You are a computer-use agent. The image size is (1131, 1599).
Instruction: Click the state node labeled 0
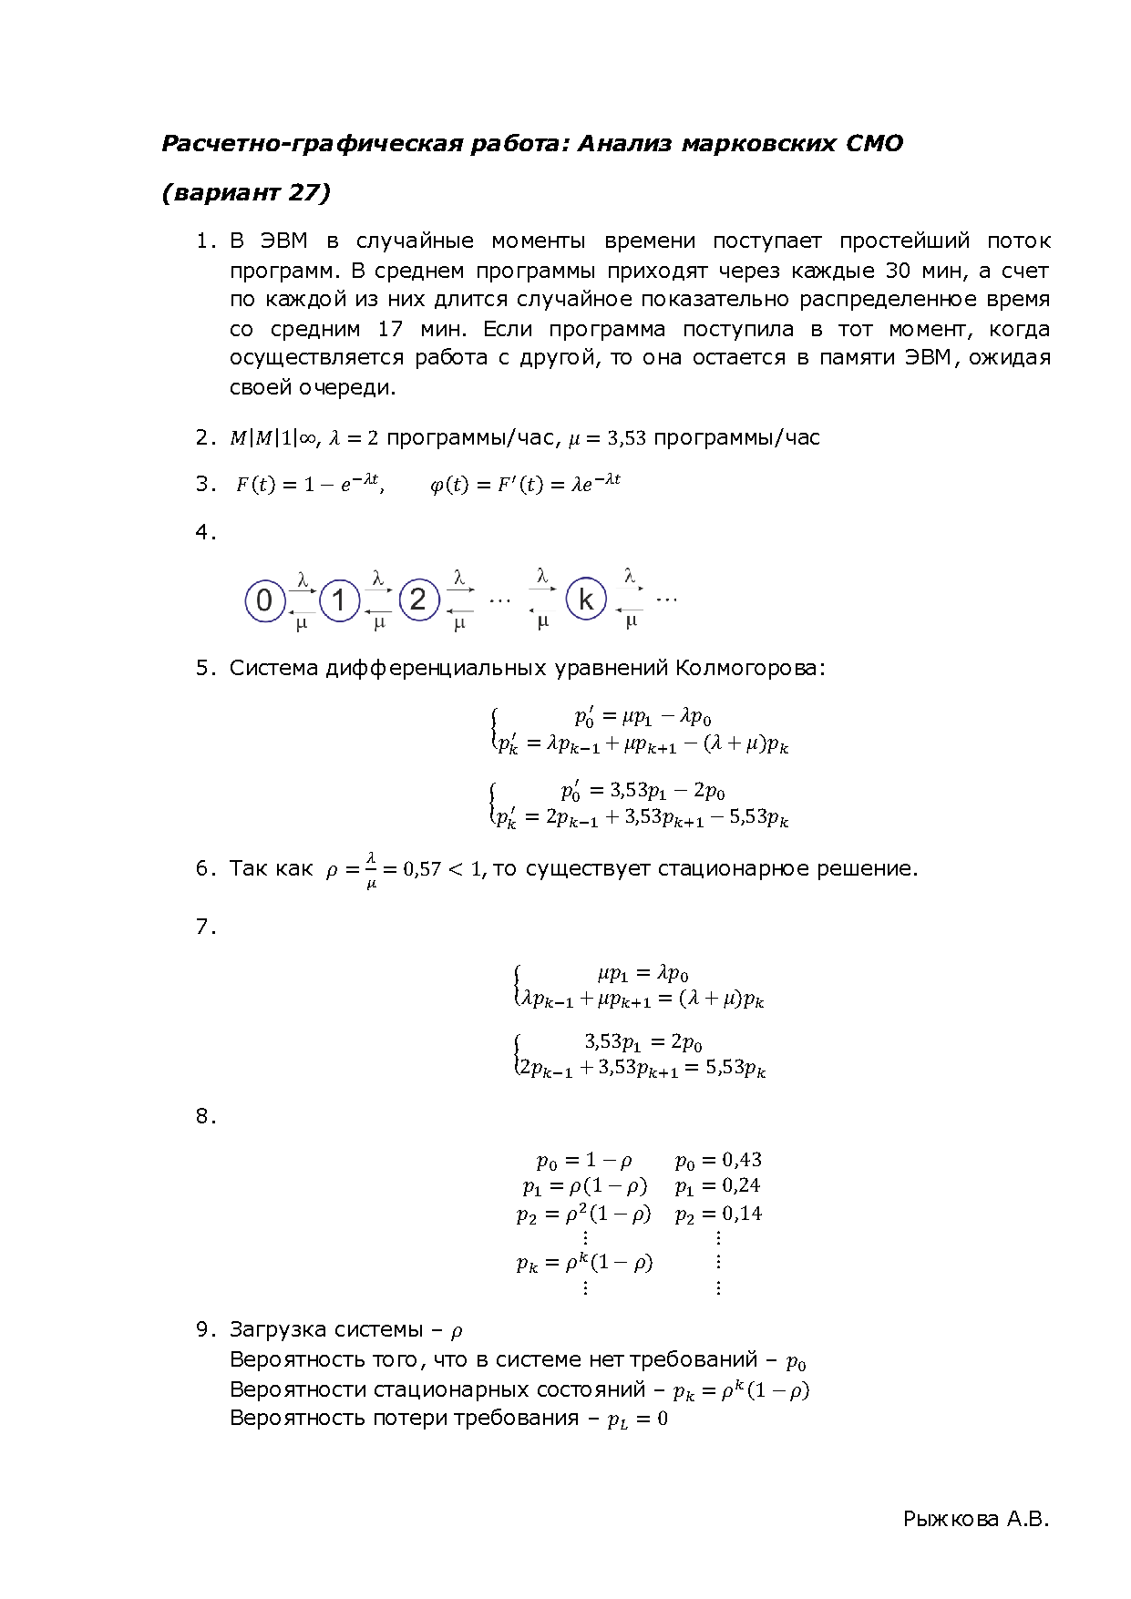[x=264, y=600]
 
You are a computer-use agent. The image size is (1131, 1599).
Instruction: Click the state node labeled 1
[x=340, y=600]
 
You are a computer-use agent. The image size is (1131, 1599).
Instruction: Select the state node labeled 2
[x=418, y=600]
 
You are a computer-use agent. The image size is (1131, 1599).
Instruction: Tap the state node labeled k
[x=586, y=600]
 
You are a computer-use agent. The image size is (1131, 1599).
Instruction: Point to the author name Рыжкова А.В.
[x=976, y=1519]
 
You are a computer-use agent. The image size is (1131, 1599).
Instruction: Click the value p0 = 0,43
[x=718, y=1160]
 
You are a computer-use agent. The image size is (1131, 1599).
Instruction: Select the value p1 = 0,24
[x=717, y=1185]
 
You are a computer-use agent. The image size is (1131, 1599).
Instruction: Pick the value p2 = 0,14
[x=718, y=1214]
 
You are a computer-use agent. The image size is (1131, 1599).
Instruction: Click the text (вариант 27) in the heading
[x=246, y=193]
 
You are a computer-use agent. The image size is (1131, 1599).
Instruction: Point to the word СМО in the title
[x=874, y=143]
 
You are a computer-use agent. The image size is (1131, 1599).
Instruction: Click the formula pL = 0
[x=637, y=1419]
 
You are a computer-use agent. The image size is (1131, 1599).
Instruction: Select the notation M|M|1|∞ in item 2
[x=272, y=438]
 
